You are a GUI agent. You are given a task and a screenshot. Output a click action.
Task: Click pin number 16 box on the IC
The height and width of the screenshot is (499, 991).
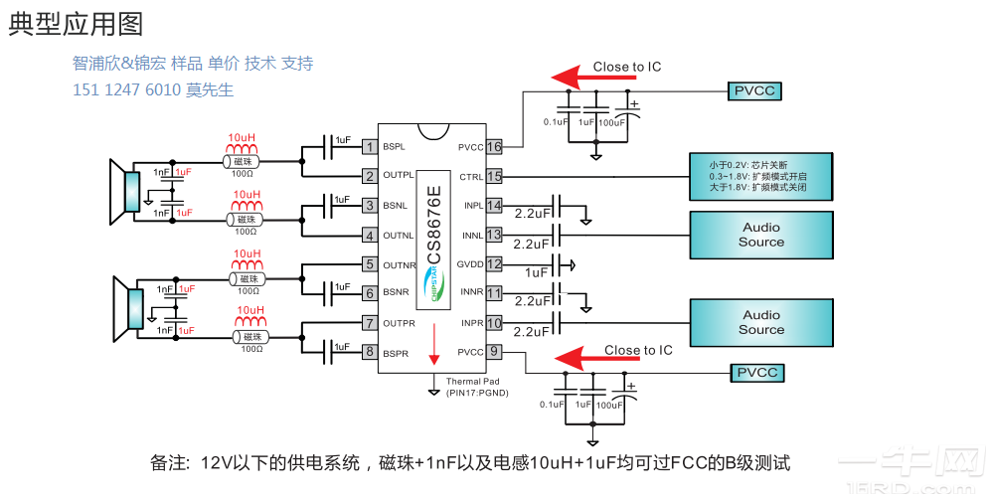pyautogui.click(x=494, y=147)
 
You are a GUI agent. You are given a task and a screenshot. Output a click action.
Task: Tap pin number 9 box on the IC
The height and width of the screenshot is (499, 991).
pyautogui.click(x=494, y=352)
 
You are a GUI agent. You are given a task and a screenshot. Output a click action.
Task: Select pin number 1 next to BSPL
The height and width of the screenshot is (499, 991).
pyautogui.click(x=369, y=147)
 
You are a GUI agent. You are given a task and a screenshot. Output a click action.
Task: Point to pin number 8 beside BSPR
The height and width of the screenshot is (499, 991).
pyautogui.click(x=369, y=352)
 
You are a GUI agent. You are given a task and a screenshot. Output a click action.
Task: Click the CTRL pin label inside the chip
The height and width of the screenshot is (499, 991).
pyautogui.click(x=471, y=177)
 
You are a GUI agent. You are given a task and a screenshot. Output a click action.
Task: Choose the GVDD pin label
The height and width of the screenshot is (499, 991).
pyautogui.click(x=469, y=264)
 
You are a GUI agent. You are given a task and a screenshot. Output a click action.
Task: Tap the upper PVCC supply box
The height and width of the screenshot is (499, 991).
pyautogui.click(x=754, y=91)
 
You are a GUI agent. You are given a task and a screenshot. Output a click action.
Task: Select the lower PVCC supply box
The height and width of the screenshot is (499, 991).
pyautogui.click(x=755, y=374)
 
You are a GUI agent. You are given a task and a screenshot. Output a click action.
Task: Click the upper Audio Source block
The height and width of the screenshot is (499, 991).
pyautogui.click(x=761, y=235)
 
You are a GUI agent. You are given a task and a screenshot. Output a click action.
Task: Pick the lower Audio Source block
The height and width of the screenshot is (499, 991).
pyautogui.click(x=761, y=322)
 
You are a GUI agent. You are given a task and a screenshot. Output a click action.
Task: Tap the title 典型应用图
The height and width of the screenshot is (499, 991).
pyautogui.click(x=76, y=24)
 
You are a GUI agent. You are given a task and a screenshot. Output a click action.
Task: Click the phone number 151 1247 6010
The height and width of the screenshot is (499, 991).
pyautogui.click(x=126, y=90)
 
